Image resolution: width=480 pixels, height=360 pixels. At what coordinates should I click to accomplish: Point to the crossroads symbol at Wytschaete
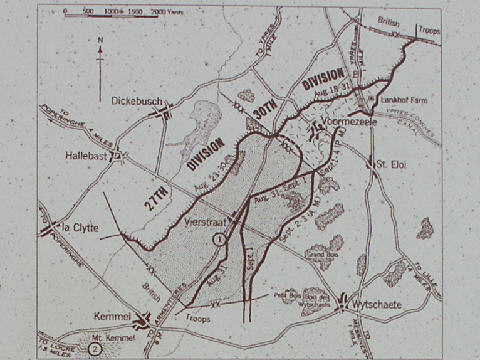[346, 298]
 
